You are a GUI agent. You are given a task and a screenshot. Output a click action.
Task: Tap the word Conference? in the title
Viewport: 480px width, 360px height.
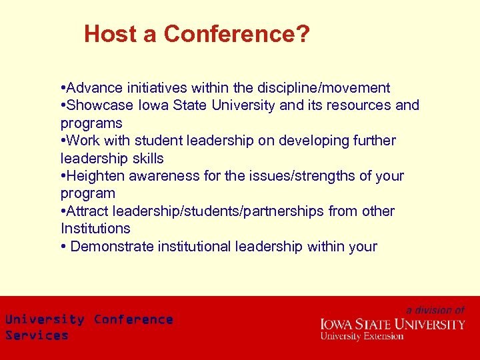(237, 34)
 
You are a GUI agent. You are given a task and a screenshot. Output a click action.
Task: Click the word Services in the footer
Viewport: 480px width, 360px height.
(37, 335)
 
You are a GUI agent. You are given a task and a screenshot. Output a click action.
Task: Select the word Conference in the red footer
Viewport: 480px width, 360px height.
(133, 319)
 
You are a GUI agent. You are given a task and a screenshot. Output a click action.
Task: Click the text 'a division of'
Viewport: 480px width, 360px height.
(435, 310)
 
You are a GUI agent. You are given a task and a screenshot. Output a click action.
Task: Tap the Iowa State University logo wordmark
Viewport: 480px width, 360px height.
(393, 325)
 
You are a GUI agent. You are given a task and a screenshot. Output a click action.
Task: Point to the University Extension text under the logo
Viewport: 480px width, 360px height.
(362, 336)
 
